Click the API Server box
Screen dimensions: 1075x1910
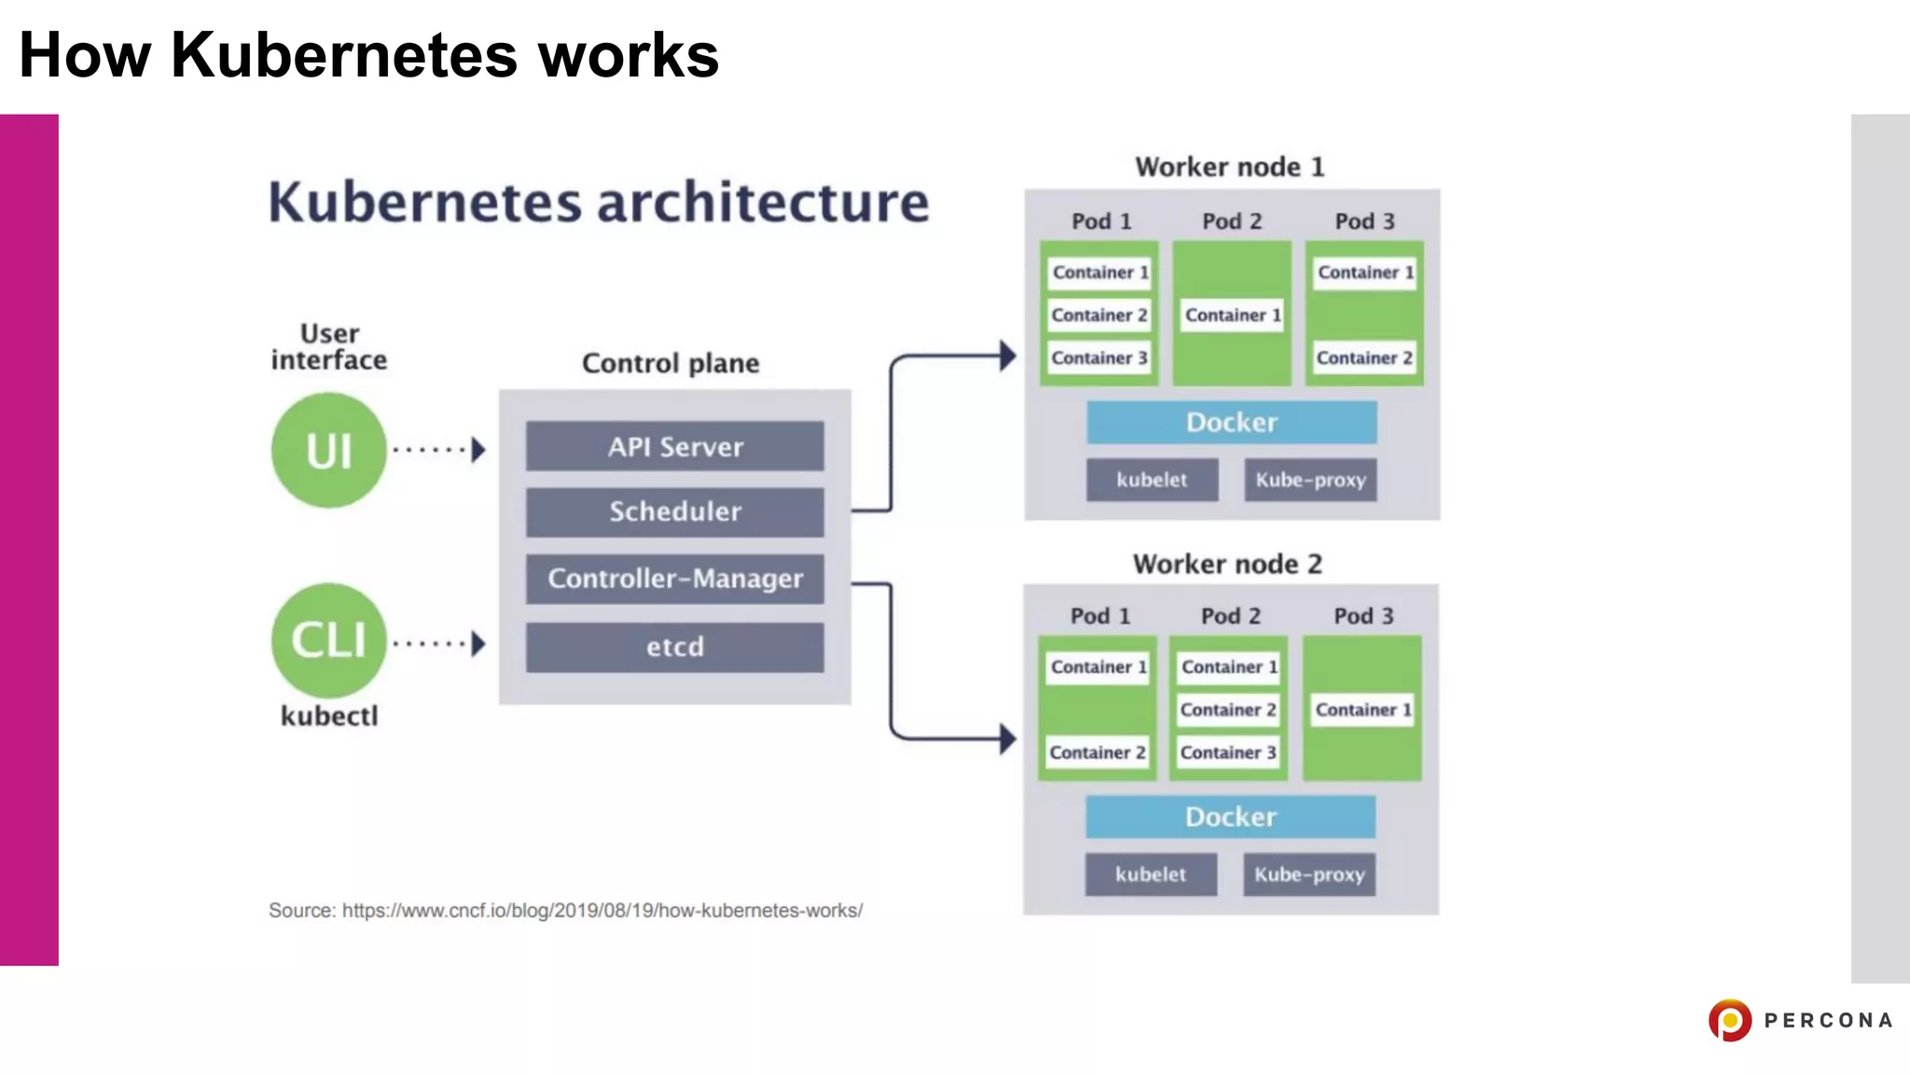[x=674, y=446]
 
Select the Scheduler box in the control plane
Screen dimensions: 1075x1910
[x=674, y=511]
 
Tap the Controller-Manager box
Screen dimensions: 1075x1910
[x=674, y=579]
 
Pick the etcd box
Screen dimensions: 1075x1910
[x=674, y=647]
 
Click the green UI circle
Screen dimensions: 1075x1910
[x=328, y=451]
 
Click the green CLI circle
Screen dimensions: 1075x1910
[x=328, y=640]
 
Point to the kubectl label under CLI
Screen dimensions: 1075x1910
[x=329, y=716]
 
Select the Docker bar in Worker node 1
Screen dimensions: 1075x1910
[x=1231, y=423]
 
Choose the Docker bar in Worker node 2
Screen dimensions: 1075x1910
[x=1230, y=817]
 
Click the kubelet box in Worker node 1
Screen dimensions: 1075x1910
[x=1152, y=480]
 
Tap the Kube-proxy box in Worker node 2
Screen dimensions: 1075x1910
[x=1308, y=874]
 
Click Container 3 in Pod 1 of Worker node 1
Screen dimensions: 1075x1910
[x=1099, y=358]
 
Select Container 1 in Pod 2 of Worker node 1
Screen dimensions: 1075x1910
[x=1232, y=315]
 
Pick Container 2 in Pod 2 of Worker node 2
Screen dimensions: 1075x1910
[x=1227, y=710]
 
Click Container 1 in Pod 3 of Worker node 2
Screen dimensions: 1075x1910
[x=1363, y=710]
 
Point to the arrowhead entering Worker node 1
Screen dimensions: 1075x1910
[x=1007, y=356]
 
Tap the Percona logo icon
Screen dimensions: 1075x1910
[x=1730, y=1020]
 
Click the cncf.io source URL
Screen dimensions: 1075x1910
[x=602, y=911]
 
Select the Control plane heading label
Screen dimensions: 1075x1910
[x=671, y=363]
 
